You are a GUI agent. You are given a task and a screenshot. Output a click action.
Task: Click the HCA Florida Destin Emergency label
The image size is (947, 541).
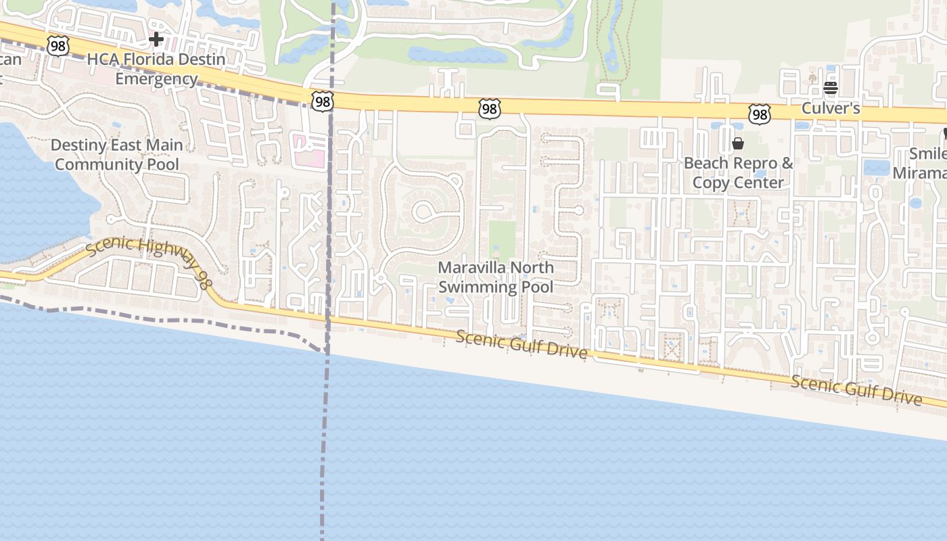point(156,69)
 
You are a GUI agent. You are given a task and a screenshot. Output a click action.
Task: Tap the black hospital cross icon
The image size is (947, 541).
point(156,39)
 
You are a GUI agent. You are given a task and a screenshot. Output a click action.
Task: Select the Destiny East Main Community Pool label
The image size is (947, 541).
point(117,155)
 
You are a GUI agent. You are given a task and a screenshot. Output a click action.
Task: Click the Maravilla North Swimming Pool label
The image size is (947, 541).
point(496,277)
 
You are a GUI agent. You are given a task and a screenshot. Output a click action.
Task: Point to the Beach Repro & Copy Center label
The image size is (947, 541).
point(738,172)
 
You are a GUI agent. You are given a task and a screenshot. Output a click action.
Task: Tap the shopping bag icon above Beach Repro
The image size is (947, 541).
point(738,143)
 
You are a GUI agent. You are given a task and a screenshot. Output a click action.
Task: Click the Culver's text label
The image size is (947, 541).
point(831,108)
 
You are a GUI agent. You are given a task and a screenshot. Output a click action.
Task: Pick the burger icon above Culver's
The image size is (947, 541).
point(831,87)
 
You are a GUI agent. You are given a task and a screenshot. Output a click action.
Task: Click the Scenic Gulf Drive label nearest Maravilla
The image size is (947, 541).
point(521,344)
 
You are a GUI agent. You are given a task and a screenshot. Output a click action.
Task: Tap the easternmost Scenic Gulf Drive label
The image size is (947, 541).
point(856,390)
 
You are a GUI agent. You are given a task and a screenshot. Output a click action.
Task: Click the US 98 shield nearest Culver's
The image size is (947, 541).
point(760,114)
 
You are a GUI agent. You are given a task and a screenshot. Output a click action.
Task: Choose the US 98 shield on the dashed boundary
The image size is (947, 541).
point(323,101)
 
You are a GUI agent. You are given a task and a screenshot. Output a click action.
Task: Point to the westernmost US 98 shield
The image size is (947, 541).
point(57,46)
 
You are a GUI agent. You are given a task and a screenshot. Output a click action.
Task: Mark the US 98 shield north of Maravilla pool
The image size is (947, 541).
point(489,109)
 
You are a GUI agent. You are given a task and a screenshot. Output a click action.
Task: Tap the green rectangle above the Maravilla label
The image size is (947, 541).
point(502,240)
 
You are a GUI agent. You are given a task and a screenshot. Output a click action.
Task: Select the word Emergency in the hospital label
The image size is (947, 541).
point(156,78)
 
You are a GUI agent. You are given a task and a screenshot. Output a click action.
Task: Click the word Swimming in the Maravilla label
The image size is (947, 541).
point(467,287)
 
